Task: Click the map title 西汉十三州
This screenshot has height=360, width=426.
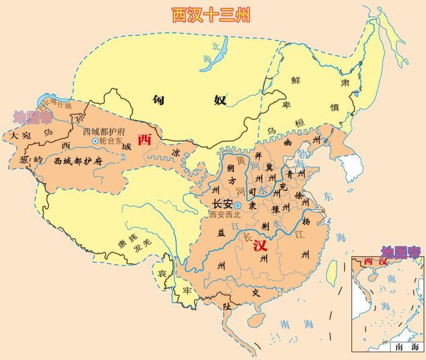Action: click(210, 14)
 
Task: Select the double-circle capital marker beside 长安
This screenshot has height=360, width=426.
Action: click(237, 205)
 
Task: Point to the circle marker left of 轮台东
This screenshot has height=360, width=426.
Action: click(96, 141)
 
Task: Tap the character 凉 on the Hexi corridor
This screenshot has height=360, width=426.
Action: click(177, 154)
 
